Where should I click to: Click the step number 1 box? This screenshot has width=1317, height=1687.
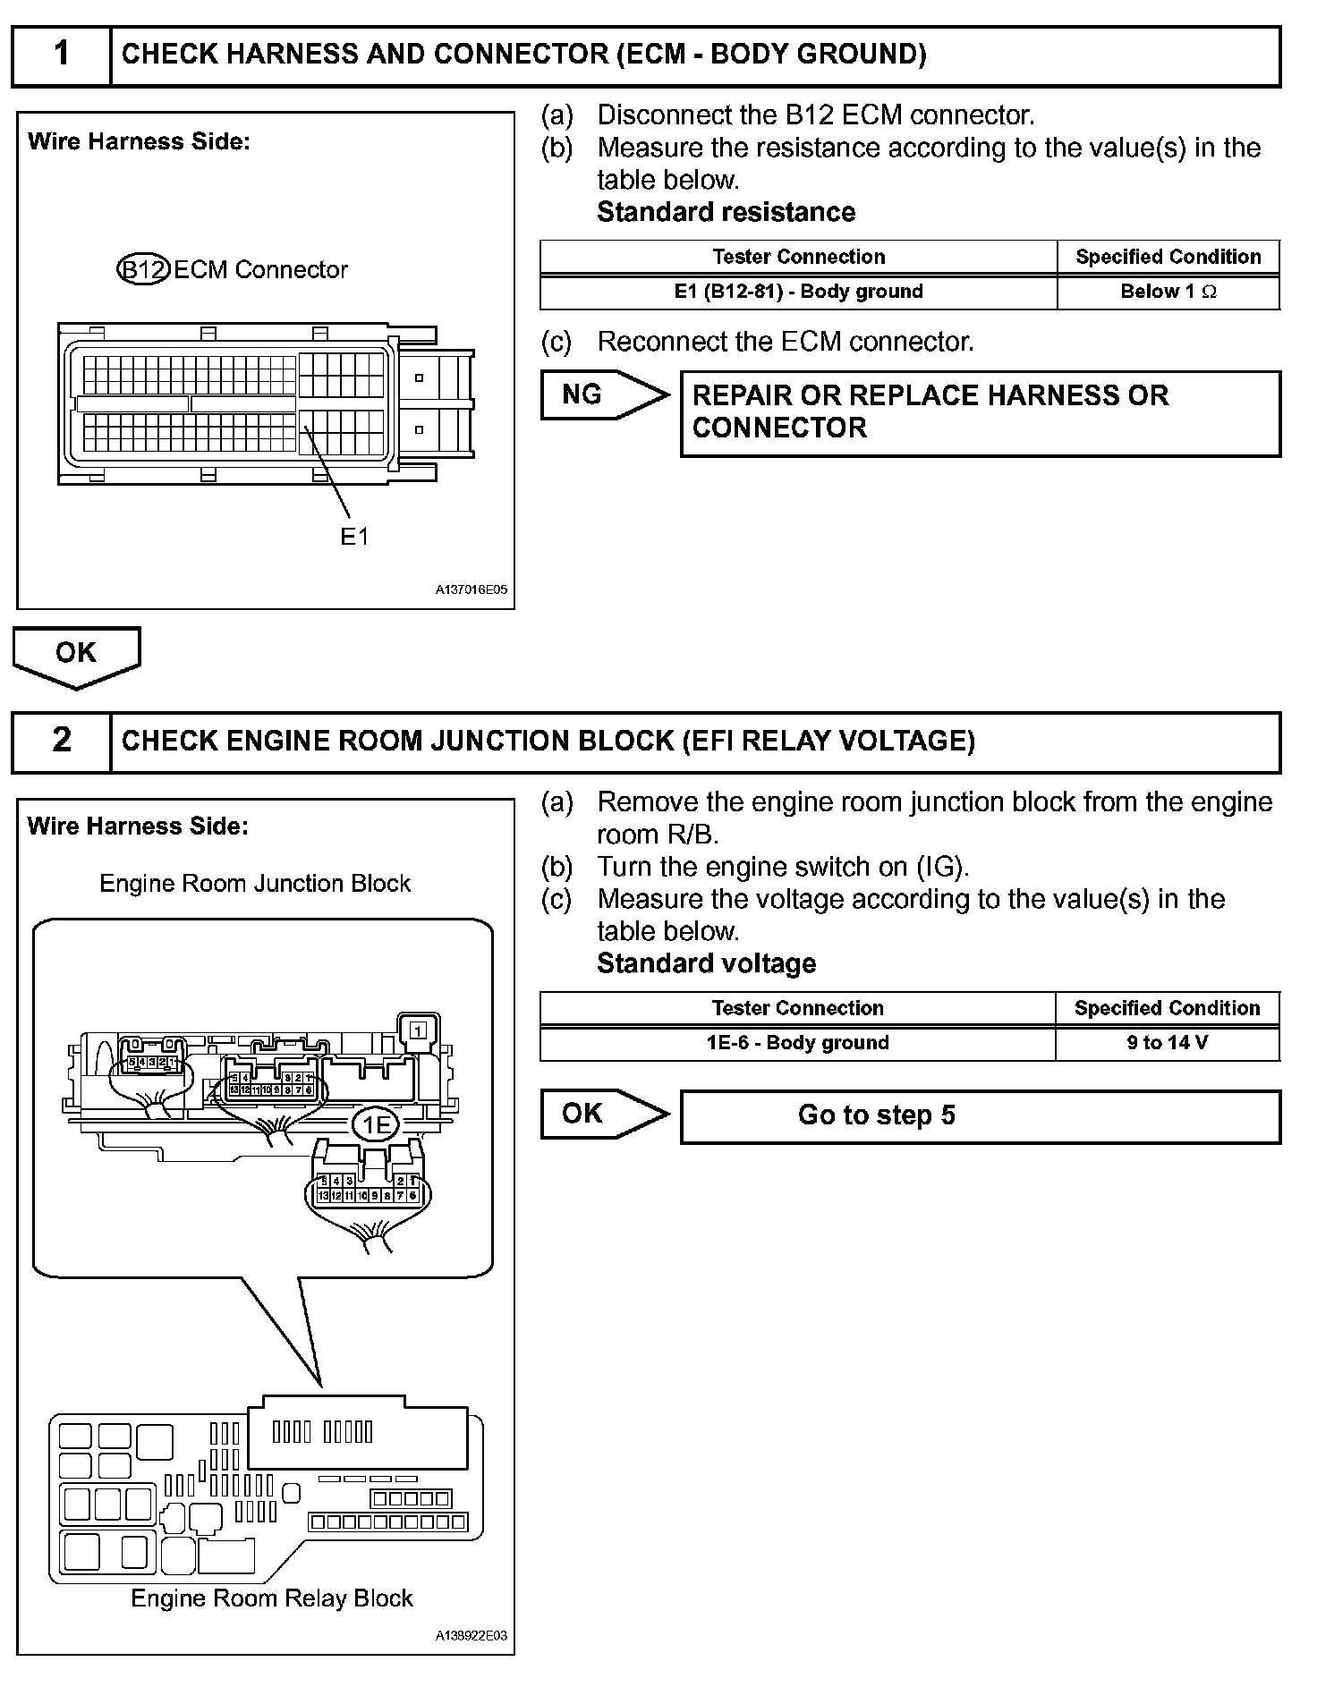click(x=61, y=55)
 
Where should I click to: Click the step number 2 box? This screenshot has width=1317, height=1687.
click(x=61, y=742)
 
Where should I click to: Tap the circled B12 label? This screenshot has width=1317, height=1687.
click(x=143, y=269)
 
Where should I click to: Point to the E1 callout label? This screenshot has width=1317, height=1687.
click(x=354, y=536)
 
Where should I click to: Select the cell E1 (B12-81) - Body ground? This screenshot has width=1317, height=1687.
click(x=798, y=292)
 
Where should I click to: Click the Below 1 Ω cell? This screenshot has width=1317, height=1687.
click(x=1168, y=292)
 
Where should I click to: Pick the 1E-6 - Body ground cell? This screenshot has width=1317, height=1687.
click(x=797, y=1043)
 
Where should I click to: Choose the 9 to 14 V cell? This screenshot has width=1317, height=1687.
click(x=1167, y=1043)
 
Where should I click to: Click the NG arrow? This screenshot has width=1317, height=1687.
click(x=603, y=394)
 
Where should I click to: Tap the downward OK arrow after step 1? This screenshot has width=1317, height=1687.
click(x=76, y=656)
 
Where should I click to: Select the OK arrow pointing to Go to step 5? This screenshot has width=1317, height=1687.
click(x=603, y=1114)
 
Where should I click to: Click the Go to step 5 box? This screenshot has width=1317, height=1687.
click(x=980, y=1115)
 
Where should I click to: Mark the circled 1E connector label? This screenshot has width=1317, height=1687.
click(x=375, y=1124)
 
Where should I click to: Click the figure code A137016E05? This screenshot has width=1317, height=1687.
click(x=472, y=590)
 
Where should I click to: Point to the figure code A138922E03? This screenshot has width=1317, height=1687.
click(x=472, y=1636)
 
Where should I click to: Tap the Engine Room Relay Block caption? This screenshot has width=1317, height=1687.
click(x=271, y=1598)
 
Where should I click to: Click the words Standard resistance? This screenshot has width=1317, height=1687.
click(x=726, y=212)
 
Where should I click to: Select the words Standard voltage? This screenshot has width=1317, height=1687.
click(x=706, y=963)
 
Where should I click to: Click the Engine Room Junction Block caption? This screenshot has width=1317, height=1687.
click(x=255, y=884)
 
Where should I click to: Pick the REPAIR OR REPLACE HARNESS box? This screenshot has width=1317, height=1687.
click(x=980, y=412)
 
